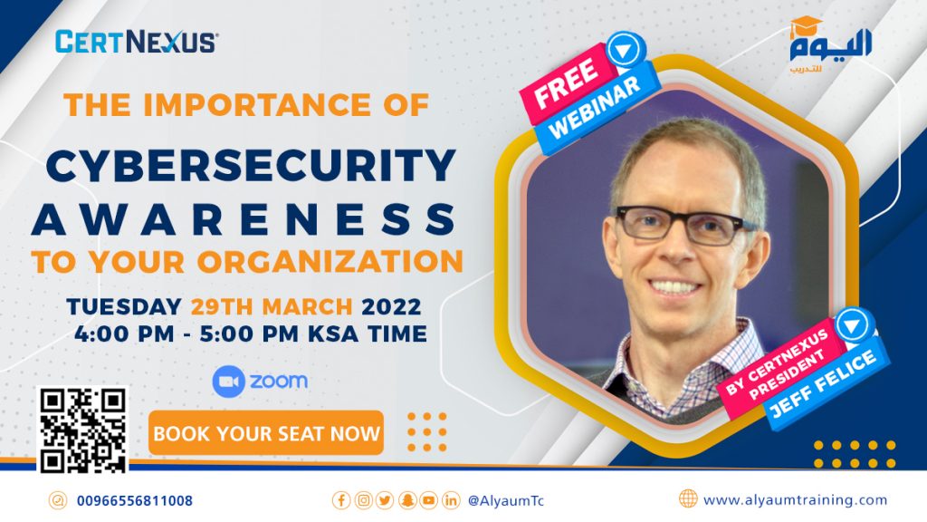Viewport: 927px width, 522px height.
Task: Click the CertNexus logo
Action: pos(137,42)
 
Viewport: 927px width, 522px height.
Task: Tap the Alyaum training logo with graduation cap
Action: pos(830,45)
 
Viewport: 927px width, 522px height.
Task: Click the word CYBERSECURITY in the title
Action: pos(251,165)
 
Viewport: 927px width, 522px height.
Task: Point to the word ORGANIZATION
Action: pos(330,262)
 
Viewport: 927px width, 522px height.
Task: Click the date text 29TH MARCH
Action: pos(272,306)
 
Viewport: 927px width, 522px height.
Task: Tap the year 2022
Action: pos(391,306)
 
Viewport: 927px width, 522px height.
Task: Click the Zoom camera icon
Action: pos(228,382)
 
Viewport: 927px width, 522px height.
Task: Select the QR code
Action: pos(82,430)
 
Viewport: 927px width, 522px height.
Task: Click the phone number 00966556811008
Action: pos(135,500)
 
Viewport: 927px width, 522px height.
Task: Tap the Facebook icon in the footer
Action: pos(341,500)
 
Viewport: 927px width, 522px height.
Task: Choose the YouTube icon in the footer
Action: pos(428,500)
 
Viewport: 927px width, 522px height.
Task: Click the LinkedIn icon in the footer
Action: pos(451,500)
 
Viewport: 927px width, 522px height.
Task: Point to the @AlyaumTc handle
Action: pos(505,500)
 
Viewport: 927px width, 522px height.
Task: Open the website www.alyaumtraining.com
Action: pos(795,500)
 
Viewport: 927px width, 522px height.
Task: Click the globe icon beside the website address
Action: pos(688,499)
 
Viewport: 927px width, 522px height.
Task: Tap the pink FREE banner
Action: pos(566,83)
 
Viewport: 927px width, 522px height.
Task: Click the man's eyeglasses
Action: pos(684,225)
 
